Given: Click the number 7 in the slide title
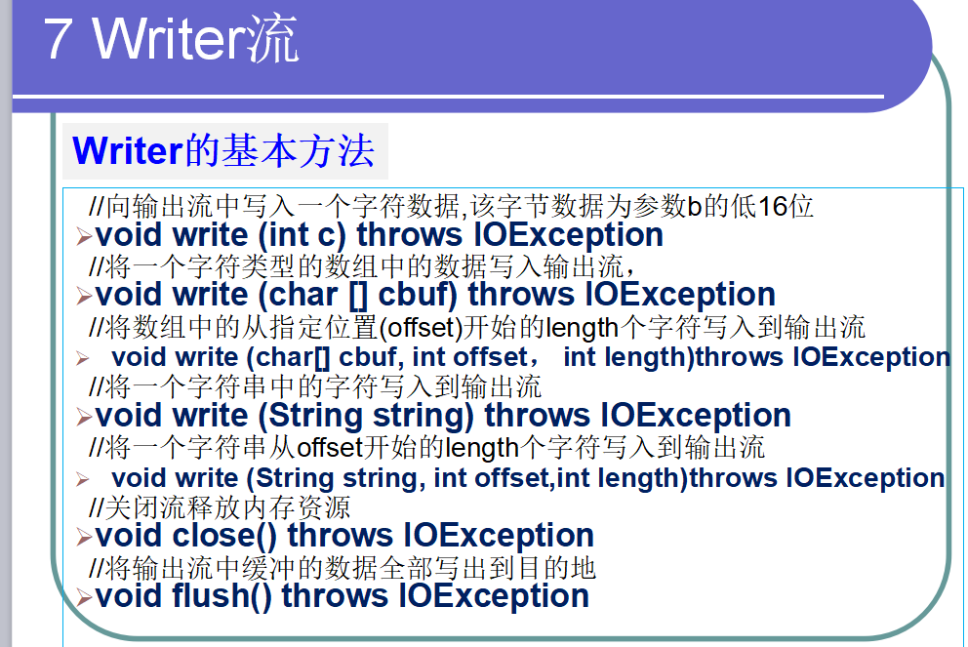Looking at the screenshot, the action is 57,39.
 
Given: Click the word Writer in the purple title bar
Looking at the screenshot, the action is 170,39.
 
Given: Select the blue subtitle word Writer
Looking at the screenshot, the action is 128,151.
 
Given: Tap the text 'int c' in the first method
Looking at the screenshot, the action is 302,235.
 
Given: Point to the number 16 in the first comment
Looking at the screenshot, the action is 772,207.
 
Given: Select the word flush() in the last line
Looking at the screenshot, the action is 222,595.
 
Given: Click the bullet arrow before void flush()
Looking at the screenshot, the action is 84,598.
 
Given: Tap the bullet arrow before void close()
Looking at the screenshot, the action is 84,538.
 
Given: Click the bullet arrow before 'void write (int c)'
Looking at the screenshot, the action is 84,236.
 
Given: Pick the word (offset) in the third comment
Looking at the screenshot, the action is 421,328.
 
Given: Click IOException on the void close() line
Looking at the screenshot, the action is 499,535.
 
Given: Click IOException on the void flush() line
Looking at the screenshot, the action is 494,595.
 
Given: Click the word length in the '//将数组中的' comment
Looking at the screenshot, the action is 583,328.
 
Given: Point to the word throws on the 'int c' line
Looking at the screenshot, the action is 409,235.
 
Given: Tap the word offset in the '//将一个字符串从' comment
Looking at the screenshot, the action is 330,448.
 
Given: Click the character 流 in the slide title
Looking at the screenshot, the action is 273,39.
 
